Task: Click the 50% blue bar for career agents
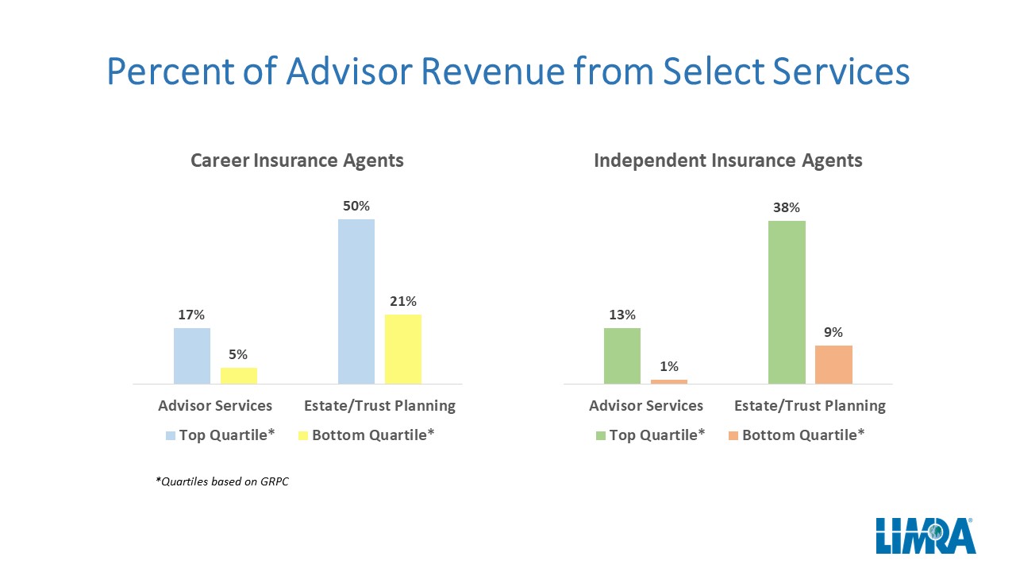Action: point(356,301)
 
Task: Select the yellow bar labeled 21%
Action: point(403,349)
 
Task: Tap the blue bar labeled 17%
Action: point(192,356)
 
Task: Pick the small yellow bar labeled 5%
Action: point(239,376)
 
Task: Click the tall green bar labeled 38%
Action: point(787,303)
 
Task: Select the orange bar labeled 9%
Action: point(833,365)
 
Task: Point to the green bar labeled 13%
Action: point(622,356)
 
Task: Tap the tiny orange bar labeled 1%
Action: point(669,382)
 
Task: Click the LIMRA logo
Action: point(926,535)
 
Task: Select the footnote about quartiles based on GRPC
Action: point(221,481)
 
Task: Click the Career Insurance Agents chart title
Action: point(297,160)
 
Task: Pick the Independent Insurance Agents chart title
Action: point(728,160)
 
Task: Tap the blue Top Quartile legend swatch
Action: point(171,436)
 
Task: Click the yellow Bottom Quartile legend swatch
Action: point(303,436)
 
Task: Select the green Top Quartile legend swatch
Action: point(601,436)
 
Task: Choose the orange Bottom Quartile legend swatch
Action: point(733,436)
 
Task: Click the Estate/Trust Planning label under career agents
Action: point(379,405)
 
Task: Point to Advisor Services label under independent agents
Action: point(646,405)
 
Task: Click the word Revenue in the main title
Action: point(494,71)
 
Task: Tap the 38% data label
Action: point(787,207)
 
